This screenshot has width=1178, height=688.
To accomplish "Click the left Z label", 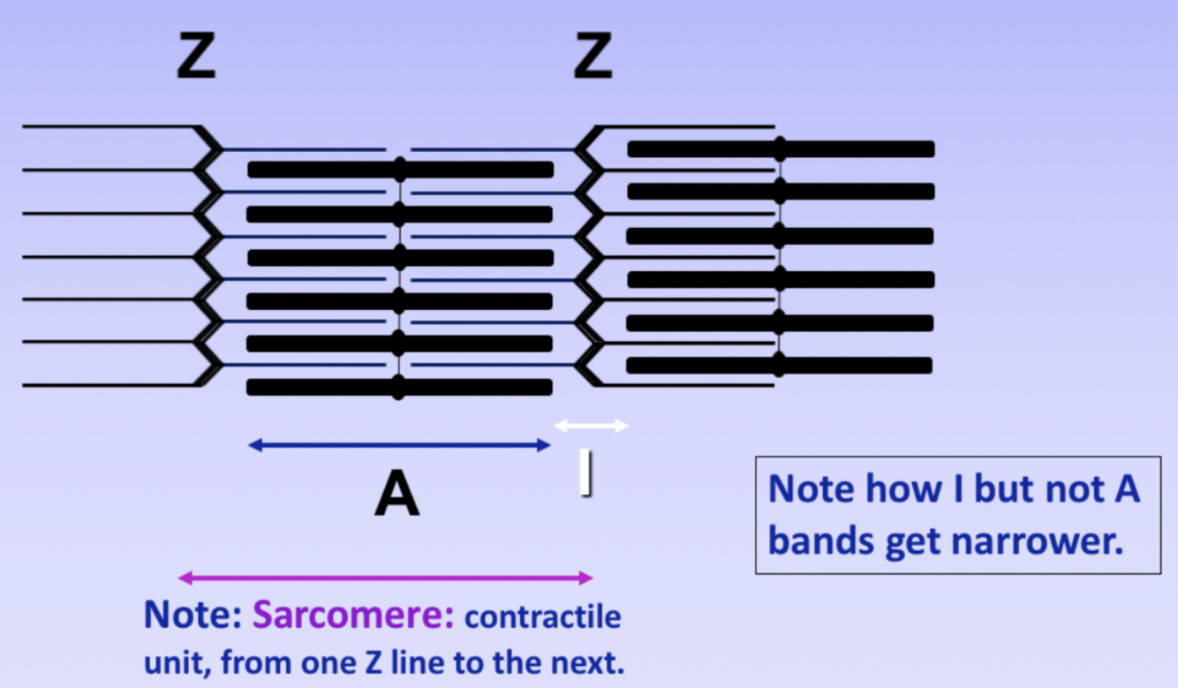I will coord(196,58).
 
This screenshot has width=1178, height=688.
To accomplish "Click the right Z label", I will coord(593,58).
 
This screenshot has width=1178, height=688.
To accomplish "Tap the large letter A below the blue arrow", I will coord(396,495).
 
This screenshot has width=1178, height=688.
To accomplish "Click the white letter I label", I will coord(585,473).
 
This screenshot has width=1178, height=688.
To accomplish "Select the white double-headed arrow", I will coord(591,426).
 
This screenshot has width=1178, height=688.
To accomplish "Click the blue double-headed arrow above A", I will coord(399,445).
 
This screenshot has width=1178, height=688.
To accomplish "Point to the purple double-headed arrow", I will coord(385,578).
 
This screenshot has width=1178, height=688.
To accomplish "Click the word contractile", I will coord(543,616).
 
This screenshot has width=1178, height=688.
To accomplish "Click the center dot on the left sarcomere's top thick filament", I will coord(400,169).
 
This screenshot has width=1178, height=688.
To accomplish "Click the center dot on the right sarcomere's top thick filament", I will coord(780,147).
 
